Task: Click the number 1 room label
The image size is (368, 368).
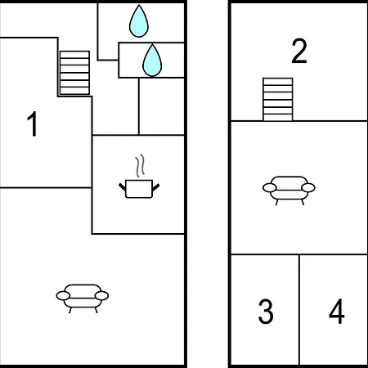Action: [x=33, y=123]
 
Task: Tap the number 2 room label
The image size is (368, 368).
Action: [x=299, y=51]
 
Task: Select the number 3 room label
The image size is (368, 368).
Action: [x=266, y=312]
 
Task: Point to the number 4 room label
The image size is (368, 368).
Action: [x=337, y=312]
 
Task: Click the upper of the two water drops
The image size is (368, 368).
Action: [x=139, y=21]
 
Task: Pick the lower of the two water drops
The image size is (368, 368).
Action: [x=152, y=61]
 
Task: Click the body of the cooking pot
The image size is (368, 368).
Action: [x=139, y=189]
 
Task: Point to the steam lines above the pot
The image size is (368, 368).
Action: [x=140, y=166]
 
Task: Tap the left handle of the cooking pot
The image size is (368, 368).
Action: [x=122, y=186]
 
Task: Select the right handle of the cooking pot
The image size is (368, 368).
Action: [x=155, y=187]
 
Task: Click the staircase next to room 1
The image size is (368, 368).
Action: [x=74, y=73]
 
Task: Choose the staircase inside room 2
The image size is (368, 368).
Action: [x=278, y=99]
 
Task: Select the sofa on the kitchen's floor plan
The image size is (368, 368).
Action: [x=83, y=298]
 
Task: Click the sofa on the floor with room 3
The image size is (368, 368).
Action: [x=289, y=191]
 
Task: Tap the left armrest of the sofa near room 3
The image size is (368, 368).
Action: [x=270, y=187]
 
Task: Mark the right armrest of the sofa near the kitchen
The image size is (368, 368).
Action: [x=101, y=295]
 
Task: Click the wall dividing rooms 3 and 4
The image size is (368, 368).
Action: [x=299, y=310]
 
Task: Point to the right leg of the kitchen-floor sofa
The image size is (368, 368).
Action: [x=96, y=310]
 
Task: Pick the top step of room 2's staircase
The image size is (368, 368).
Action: [x=278, y=82]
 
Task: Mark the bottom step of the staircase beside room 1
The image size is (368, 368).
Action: [x=74, y=91]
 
